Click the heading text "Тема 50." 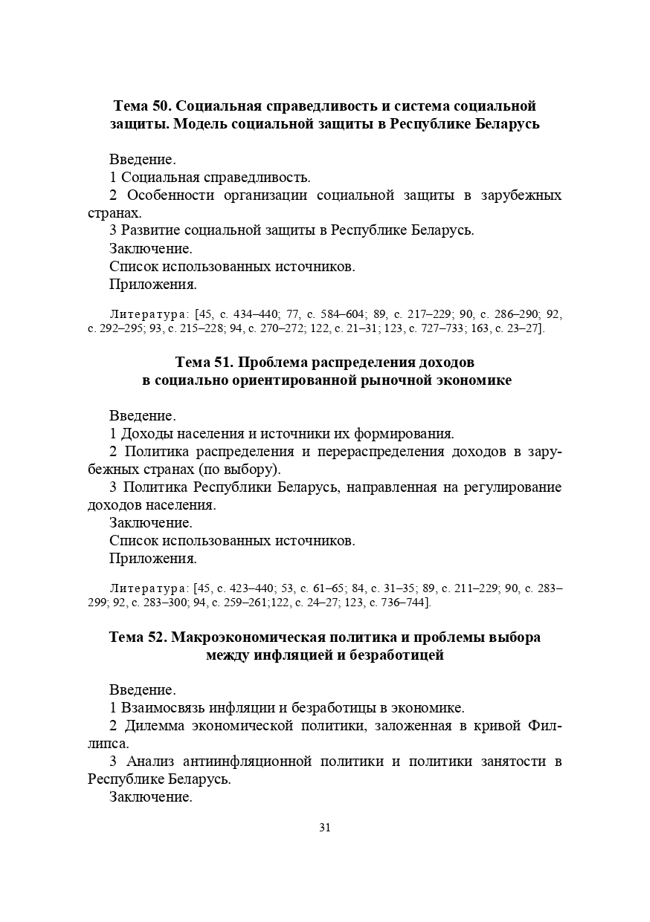(x=142, y=105)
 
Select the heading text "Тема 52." (x=140, y=637)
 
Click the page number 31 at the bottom (x=324, y=828)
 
